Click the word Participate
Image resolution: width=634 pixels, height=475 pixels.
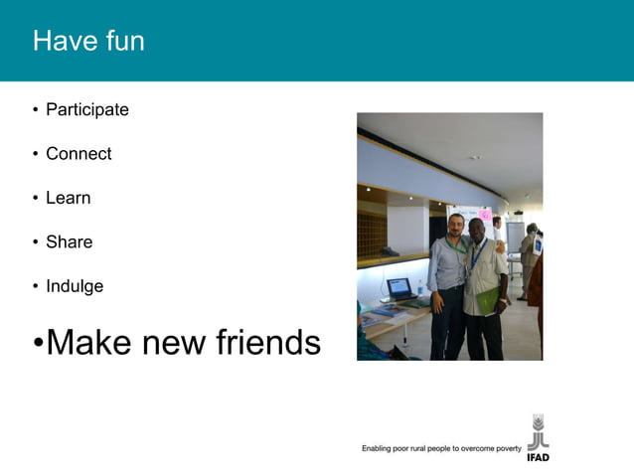click(87, 110)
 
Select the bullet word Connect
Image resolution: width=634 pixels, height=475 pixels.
click(79, 154)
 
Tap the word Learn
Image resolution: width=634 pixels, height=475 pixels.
click(68, 198)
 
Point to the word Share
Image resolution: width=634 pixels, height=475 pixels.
click(69, 241)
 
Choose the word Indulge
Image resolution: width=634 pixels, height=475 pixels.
click(75, 286)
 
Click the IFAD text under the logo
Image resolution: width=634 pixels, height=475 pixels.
click(538, 457)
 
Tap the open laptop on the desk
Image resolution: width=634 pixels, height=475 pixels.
click(399, 288)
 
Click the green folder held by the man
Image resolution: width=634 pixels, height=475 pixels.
click(490, 298)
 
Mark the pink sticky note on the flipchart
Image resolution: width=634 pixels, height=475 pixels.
click(486, 215)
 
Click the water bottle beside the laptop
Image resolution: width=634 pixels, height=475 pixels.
click(420, 290)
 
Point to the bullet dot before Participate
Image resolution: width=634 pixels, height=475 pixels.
click(36, 110)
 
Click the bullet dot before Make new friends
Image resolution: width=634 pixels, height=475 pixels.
click(38, 344)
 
